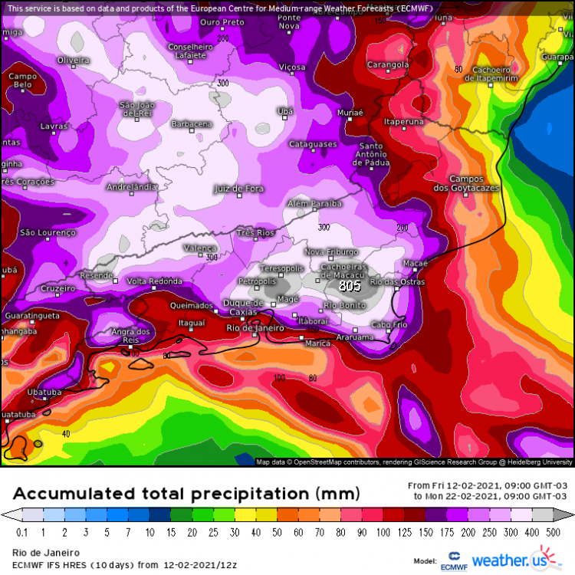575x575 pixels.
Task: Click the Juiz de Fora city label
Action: pyautogui.click(x=238, y=188)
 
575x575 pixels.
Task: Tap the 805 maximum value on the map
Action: pyautogui.click(x=350, y=286)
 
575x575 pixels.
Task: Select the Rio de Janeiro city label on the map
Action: pyautogui.click(x=255, y=328)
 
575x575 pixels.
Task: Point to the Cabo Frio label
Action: pyautogui.click(x=389, y=324)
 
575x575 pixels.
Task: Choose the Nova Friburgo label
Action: pyautogui.click(x=332, y=252)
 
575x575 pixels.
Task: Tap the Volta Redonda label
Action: pyautogui.click(x=154, y=281)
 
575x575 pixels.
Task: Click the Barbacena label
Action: pyautogui.click(x=191, y=124)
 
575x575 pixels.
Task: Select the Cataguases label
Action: pyautogui.click(x=313, y=144)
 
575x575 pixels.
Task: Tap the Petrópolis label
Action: pyautogui.click(x=256, y=282)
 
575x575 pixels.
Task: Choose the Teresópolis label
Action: pyautogui.click(x=281, y=268)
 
